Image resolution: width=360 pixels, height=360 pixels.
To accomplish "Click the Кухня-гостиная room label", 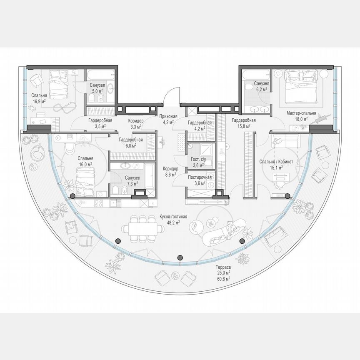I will tap(173, 217).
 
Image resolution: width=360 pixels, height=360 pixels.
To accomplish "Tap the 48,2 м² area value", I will tap(173, 223).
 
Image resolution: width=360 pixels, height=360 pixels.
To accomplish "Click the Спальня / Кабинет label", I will tap(277, 162).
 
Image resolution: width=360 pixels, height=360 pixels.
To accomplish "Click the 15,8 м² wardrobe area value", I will tap(242, 126).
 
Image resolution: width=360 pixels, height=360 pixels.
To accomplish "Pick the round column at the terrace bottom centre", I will tap(180, 257).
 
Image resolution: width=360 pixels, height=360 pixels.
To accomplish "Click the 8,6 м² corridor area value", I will tap(171, 175).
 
